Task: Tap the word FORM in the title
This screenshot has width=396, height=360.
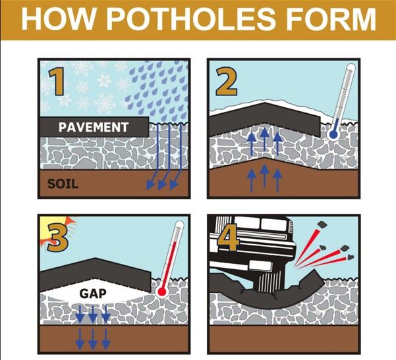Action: (x=333, y=20)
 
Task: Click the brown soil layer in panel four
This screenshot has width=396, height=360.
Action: (x=284, y=339)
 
